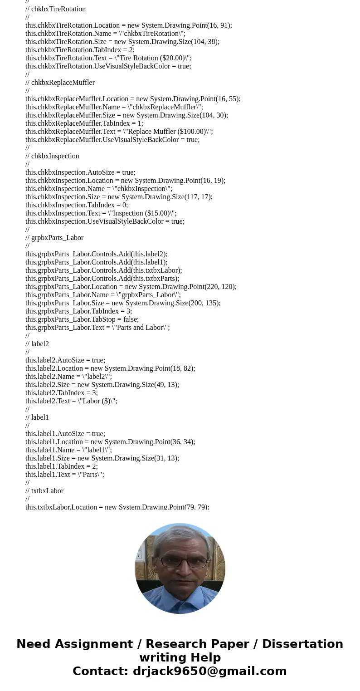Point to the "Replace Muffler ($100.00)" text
167,132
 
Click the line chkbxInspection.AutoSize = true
80,172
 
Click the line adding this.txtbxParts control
102,279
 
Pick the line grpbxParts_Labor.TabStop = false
82,319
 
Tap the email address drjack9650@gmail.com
209,671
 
